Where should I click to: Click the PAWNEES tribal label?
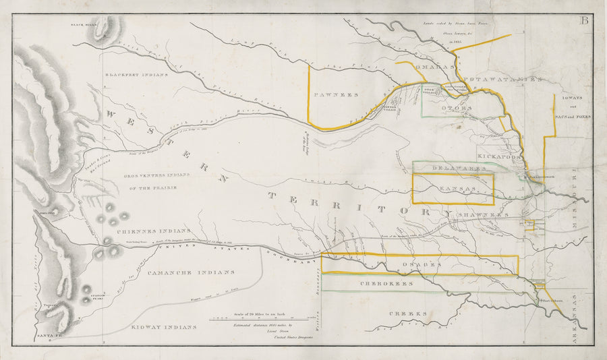point(336,96)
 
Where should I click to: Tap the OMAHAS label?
point(431,67)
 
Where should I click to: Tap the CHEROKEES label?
point(386,284)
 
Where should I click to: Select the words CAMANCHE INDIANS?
point(191,272)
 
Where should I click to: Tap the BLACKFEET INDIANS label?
point(136,75)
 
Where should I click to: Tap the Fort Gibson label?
point(552,293)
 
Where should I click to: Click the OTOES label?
point(452,108)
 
